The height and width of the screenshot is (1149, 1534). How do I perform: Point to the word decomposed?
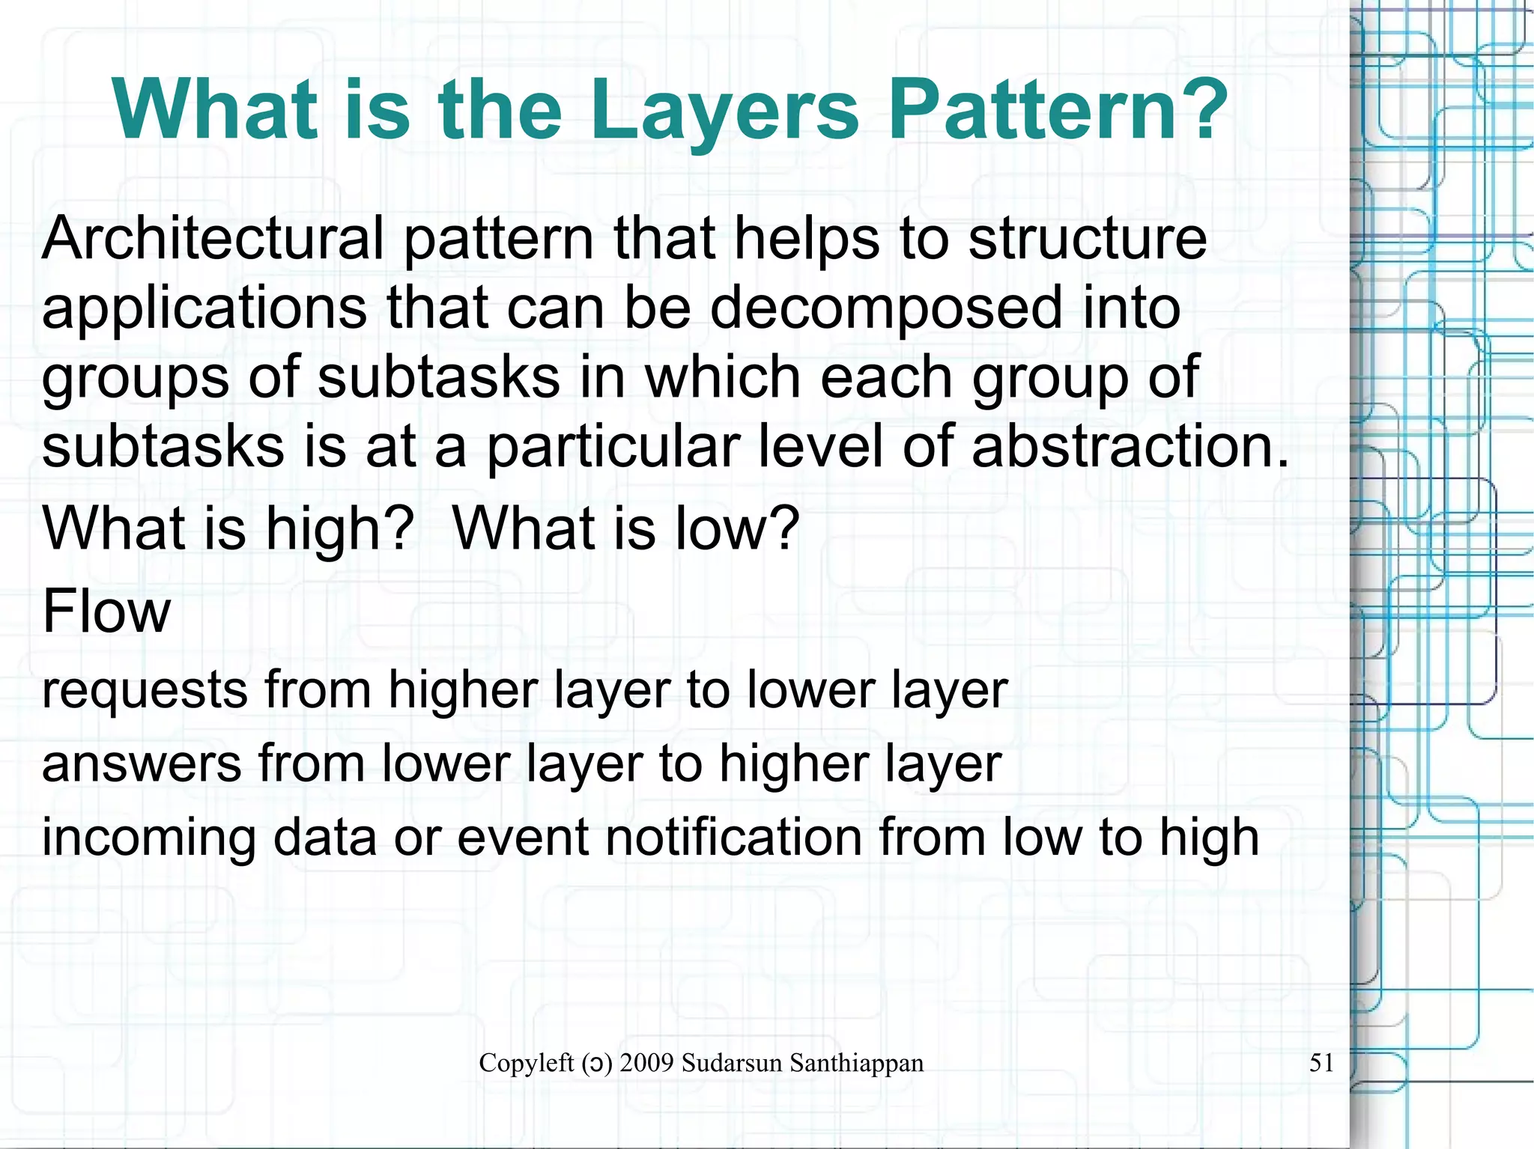[886, 308]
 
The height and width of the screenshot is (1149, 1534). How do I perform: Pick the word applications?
[204, 308]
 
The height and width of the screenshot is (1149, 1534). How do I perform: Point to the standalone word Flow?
[106, 611]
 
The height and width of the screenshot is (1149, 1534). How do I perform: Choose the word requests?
[145, 690]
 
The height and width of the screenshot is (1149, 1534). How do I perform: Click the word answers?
[142, 764]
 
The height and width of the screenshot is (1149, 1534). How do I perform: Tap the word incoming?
[149, 838]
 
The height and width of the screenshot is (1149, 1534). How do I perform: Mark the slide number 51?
[1321, 1063]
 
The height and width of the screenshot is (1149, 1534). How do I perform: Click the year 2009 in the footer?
[646, 1063]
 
